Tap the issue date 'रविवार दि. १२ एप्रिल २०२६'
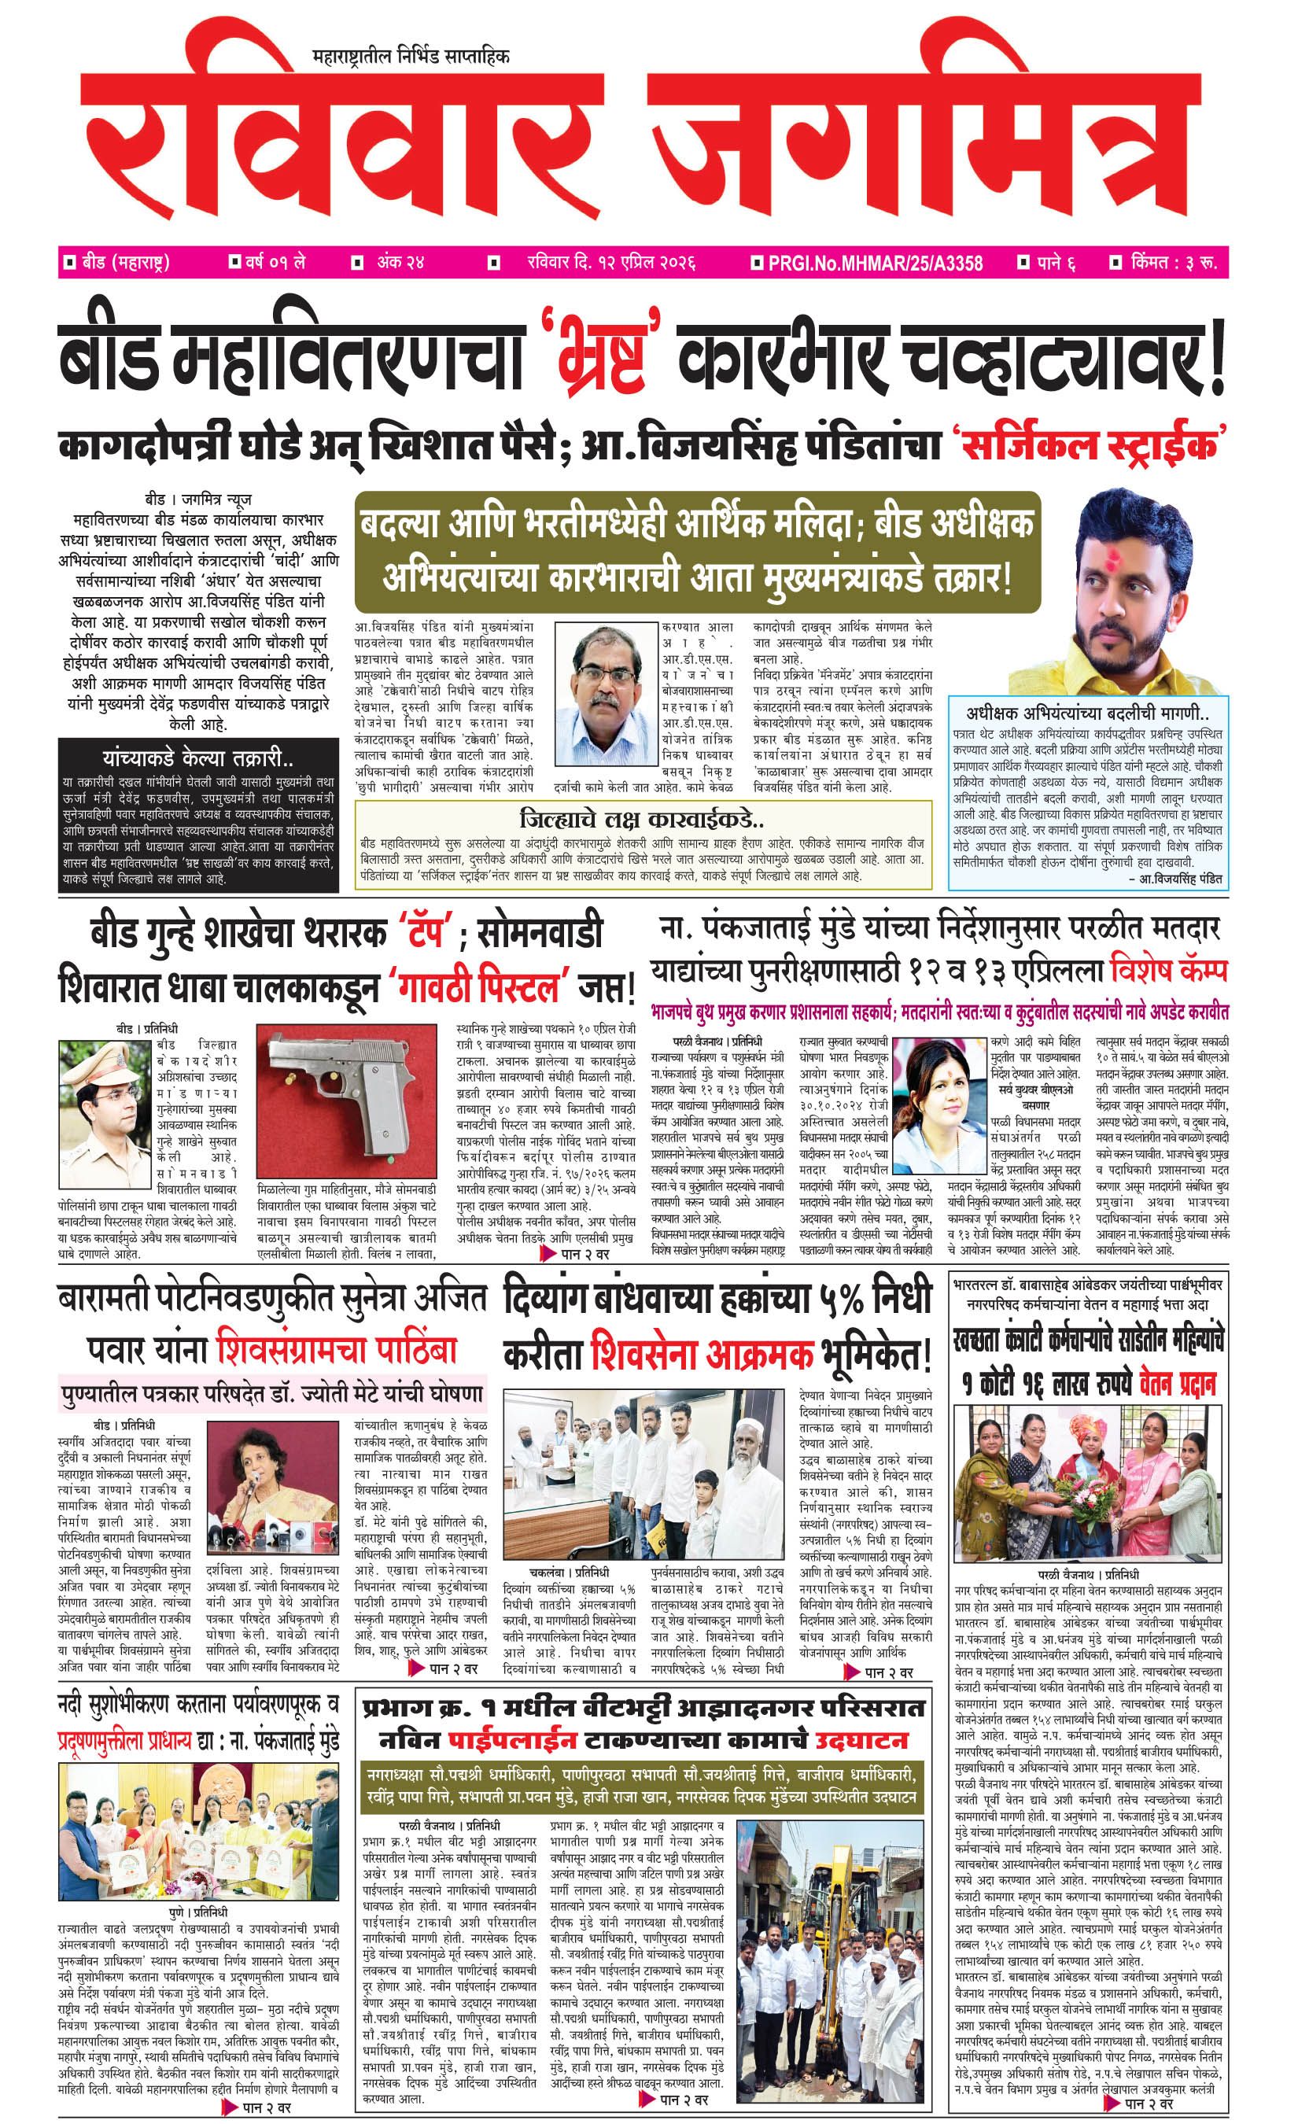coord(610,262)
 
